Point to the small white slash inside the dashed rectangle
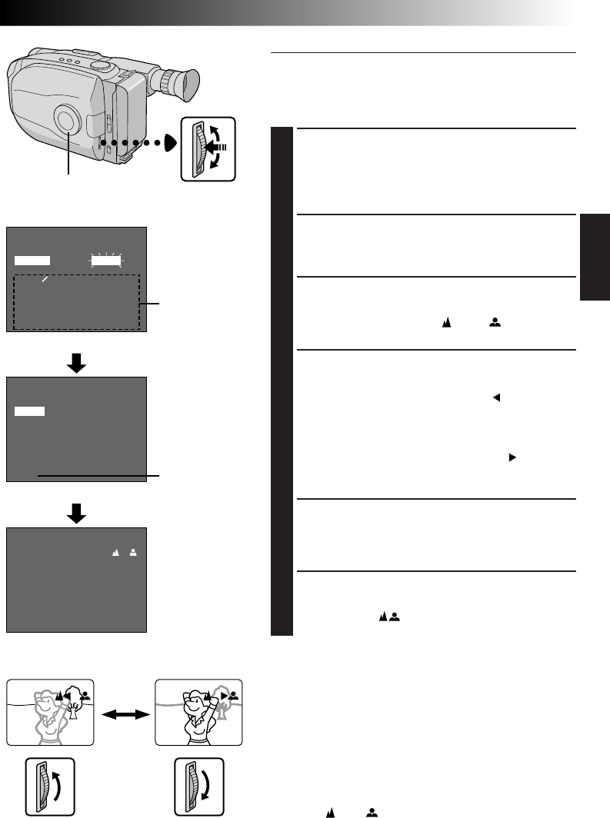[45, 281]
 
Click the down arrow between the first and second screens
[76, 364]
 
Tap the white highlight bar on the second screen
[30, 411]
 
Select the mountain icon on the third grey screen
[115, 552]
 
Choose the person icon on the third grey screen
[133, 552]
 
